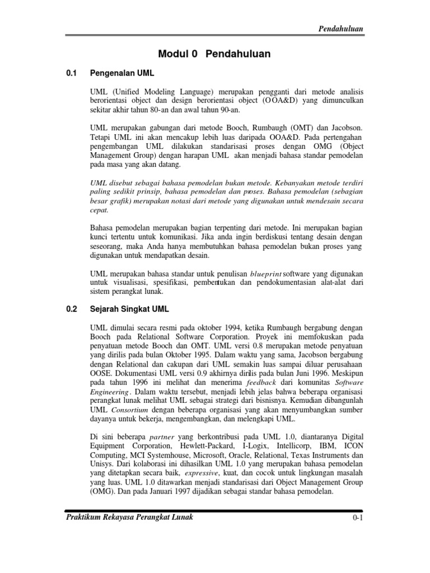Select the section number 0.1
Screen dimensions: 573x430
point(71,73)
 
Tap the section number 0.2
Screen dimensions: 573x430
point(71,308)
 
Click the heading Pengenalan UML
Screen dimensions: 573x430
point(121,73)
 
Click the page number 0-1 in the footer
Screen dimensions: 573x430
point(359,519)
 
